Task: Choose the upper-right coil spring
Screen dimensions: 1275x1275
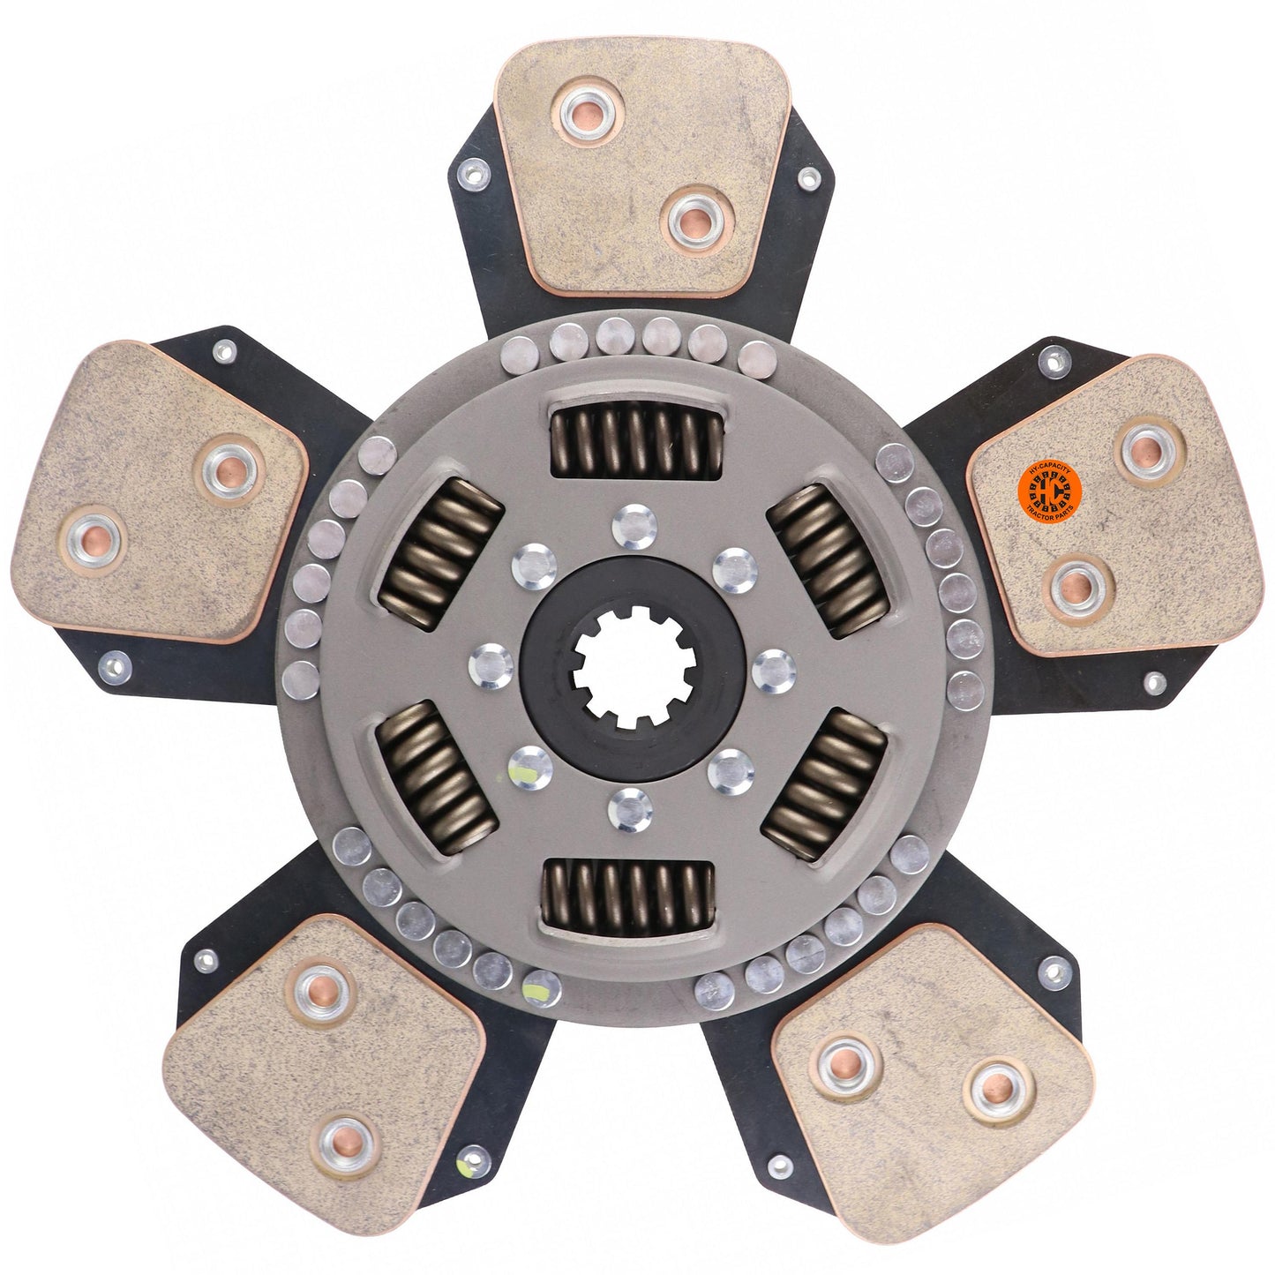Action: tap(828, 562)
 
